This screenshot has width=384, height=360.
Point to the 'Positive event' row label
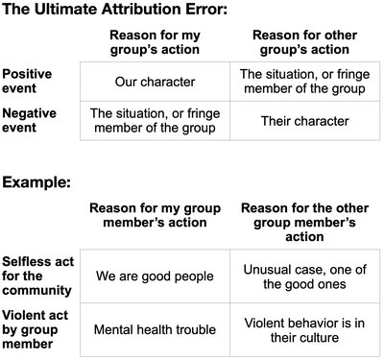click(28, 81)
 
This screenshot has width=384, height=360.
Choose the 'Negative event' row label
click(30, 120)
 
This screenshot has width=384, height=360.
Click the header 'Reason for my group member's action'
click(156, 216)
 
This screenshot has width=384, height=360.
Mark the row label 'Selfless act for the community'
click(36, 276)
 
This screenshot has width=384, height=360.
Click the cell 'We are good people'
click(154, 276)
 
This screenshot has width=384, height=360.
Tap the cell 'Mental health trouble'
click(154, 330)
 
